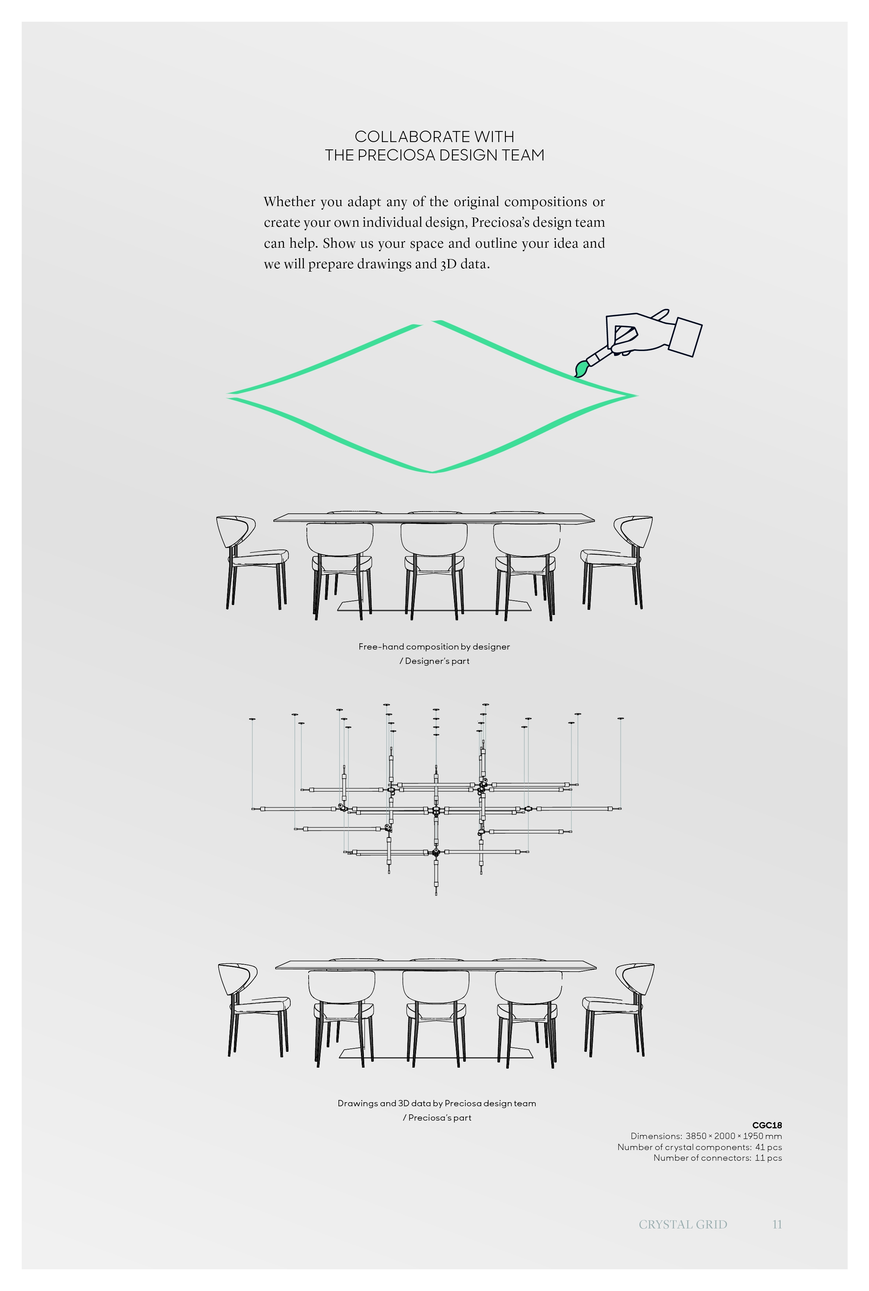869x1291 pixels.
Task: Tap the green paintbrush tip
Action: click(580, 369)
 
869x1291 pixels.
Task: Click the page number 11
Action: click(777, 1224)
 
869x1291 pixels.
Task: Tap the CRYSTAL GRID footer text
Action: click(683, 1224)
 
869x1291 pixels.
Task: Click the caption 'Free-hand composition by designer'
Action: click(434, 646)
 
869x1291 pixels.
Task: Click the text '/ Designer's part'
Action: click(434, 661)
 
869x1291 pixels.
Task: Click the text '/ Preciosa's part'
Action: click(437, 1118)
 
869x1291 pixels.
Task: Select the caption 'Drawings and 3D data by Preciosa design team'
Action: click(437, 1103)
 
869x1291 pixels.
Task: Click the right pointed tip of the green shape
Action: click(636, 395)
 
